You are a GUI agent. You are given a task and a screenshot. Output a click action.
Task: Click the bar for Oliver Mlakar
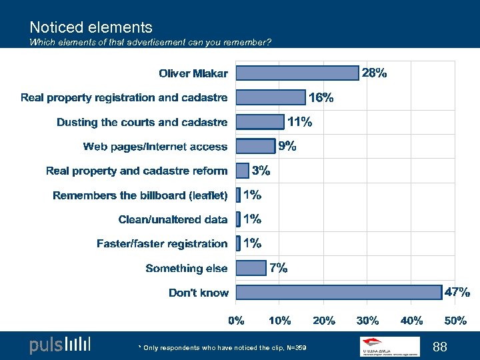297,73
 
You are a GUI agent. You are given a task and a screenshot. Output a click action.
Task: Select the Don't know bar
339,292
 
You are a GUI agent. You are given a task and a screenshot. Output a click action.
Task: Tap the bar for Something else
251,268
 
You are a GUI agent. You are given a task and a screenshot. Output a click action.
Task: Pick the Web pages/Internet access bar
256,146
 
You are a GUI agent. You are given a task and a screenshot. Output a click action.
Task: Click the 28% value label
374,73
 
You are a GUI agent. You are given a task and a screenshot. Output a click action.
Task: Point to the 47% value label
457,292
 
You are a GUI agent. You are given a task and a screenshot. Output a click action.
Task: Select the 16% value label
321,97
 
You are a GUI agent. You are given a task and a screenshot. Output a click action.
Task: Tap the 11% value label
299,121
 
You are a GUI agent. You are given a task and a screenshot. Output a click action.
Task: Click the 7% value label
279,268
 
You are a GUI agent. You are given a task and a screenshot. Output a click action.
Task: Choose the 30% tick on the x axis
367,320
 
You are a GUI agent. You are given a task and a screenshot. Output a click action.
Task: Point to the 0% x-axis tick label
237,320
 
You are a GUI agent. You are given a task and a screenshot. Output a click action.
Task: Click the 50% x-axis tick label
455,320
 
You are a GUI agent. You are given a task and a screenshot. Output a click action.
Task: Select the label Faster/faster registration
162,244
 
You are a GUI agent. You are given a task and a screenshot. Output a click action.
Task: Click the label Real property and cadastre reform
137,171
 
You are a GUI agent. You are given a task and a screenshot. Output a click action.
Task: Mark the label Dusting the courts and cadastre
142,122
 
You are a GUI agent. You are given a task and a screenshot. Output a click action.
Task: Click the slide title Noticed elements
91,27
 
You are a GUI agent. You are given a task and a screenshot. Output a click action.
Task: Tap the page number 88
439,347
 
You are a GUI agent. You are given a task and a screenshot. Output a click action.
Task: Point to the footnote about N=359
222,348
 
